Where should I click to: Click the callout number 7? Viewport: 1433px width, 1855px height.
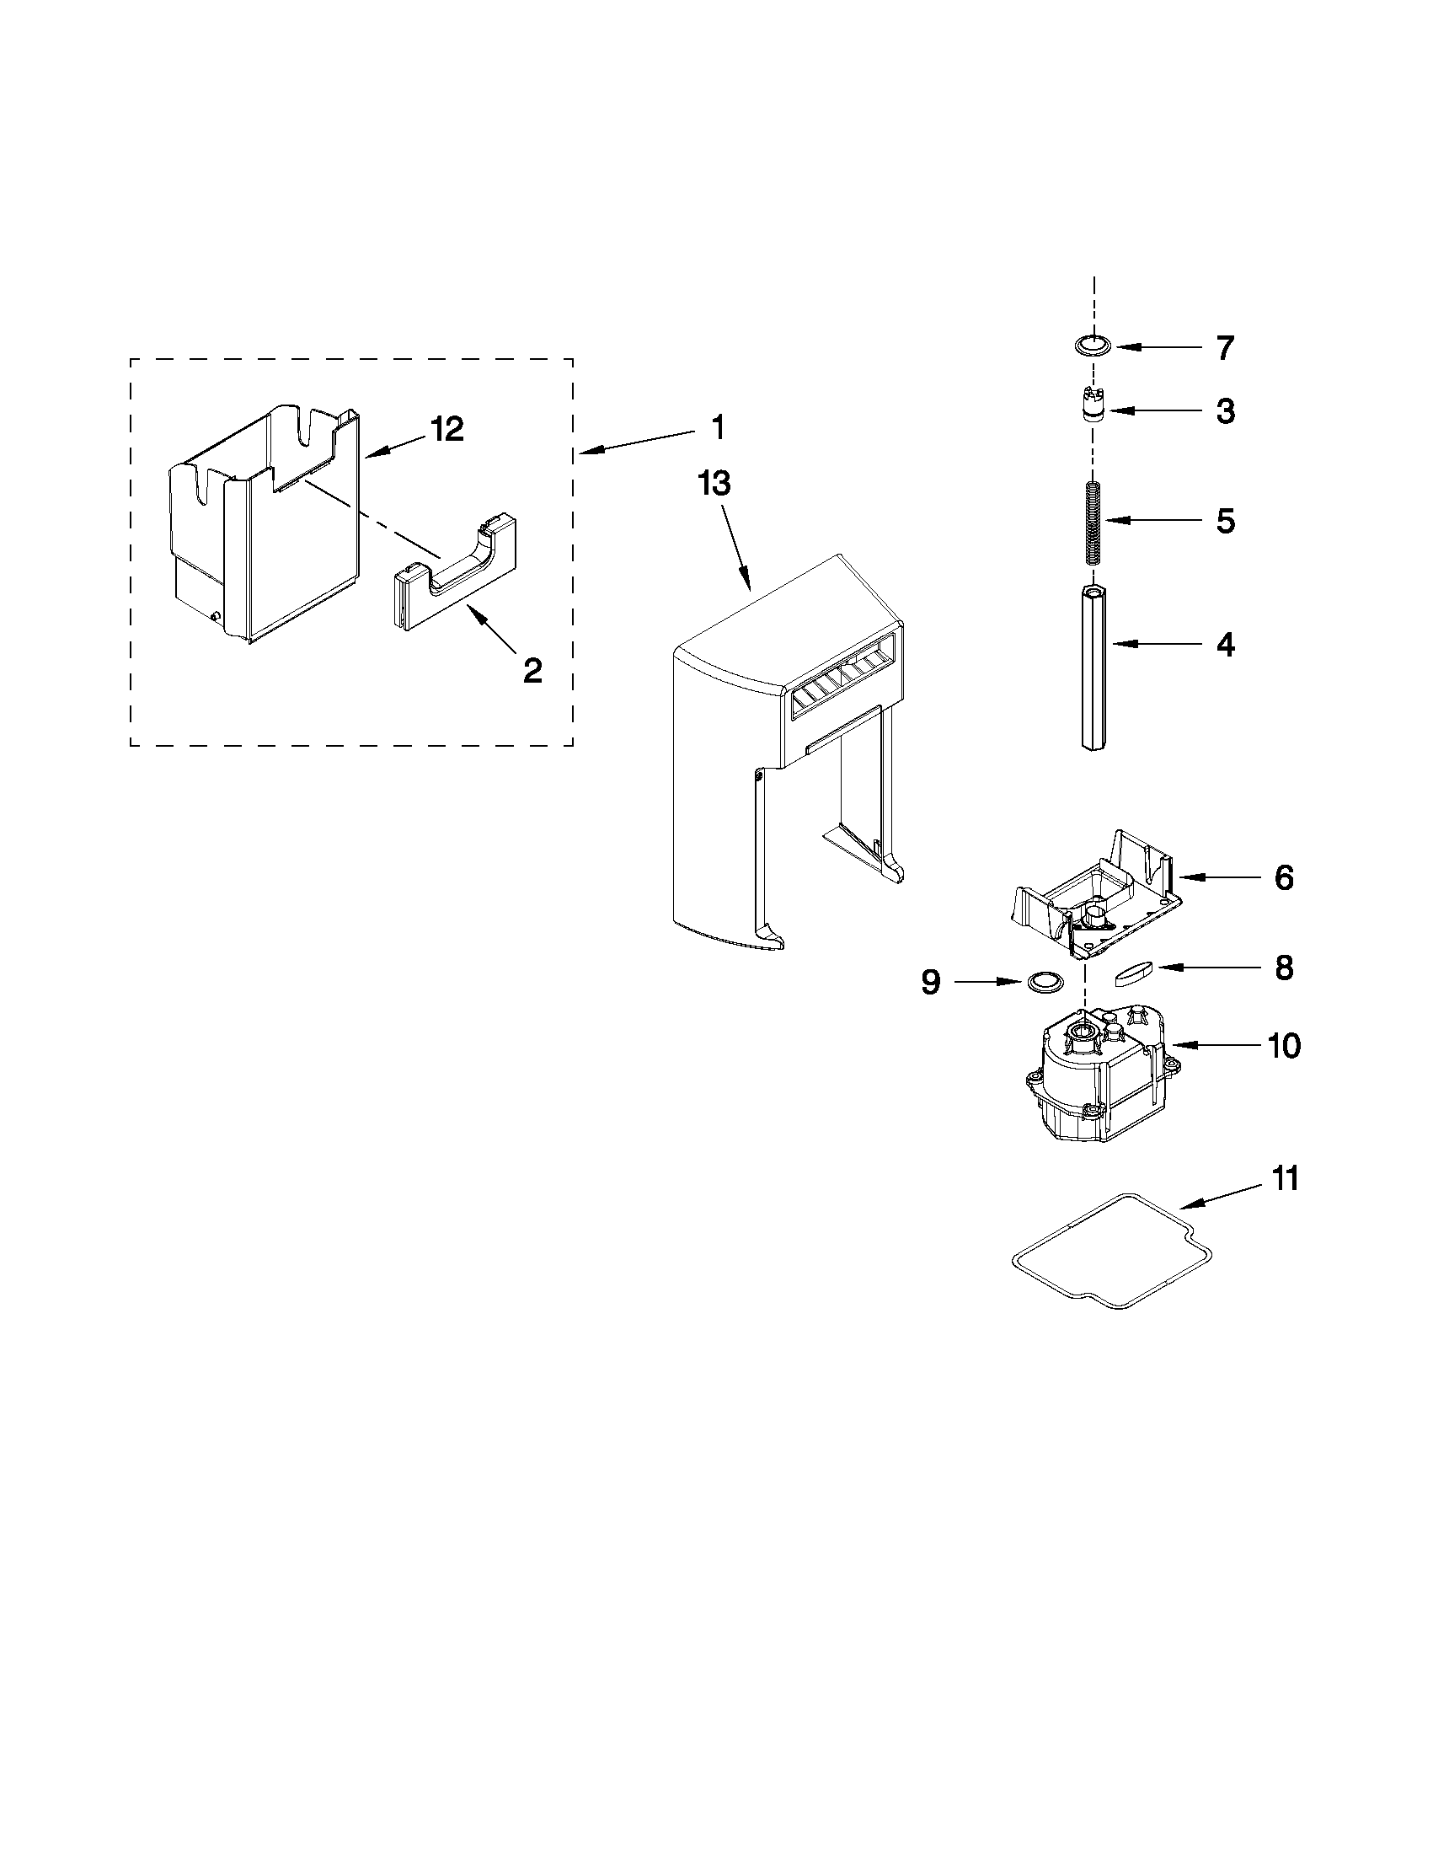pyautogui.click(x=1224, y=348)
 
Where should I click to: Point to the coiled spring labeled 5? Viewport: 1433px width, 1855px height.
pyautogui.click(x=1093, y=523)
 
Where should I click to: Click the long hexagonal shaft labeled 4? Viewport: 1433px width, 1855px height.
pyautogui.click(x=1093, y=667)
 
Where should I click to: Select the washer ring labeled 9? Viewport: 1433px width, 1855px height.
pyautogui.click(x=1045, y=982)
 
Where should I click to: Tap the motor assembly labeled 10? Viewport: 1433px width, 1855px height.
pyautogui.click(x=1095, y=1075)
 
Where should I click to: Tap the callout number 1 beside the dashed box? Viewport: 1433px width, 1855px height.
pyautogui.click(x=718, y=427)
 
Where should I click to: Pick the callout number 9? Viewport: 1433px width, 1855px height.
pyautogui.click(x=930, y=983)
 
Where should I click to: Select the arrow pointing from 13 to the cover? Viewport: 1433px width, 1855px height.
pyautogui.click(x=736, y=547)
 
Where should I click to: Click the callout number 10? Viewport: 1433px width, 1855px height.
pyautogui.click(x=1285, y=1047)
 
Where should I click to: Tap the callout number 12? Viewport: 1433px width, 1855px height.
pyautogui.click(x=447, y=430)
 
